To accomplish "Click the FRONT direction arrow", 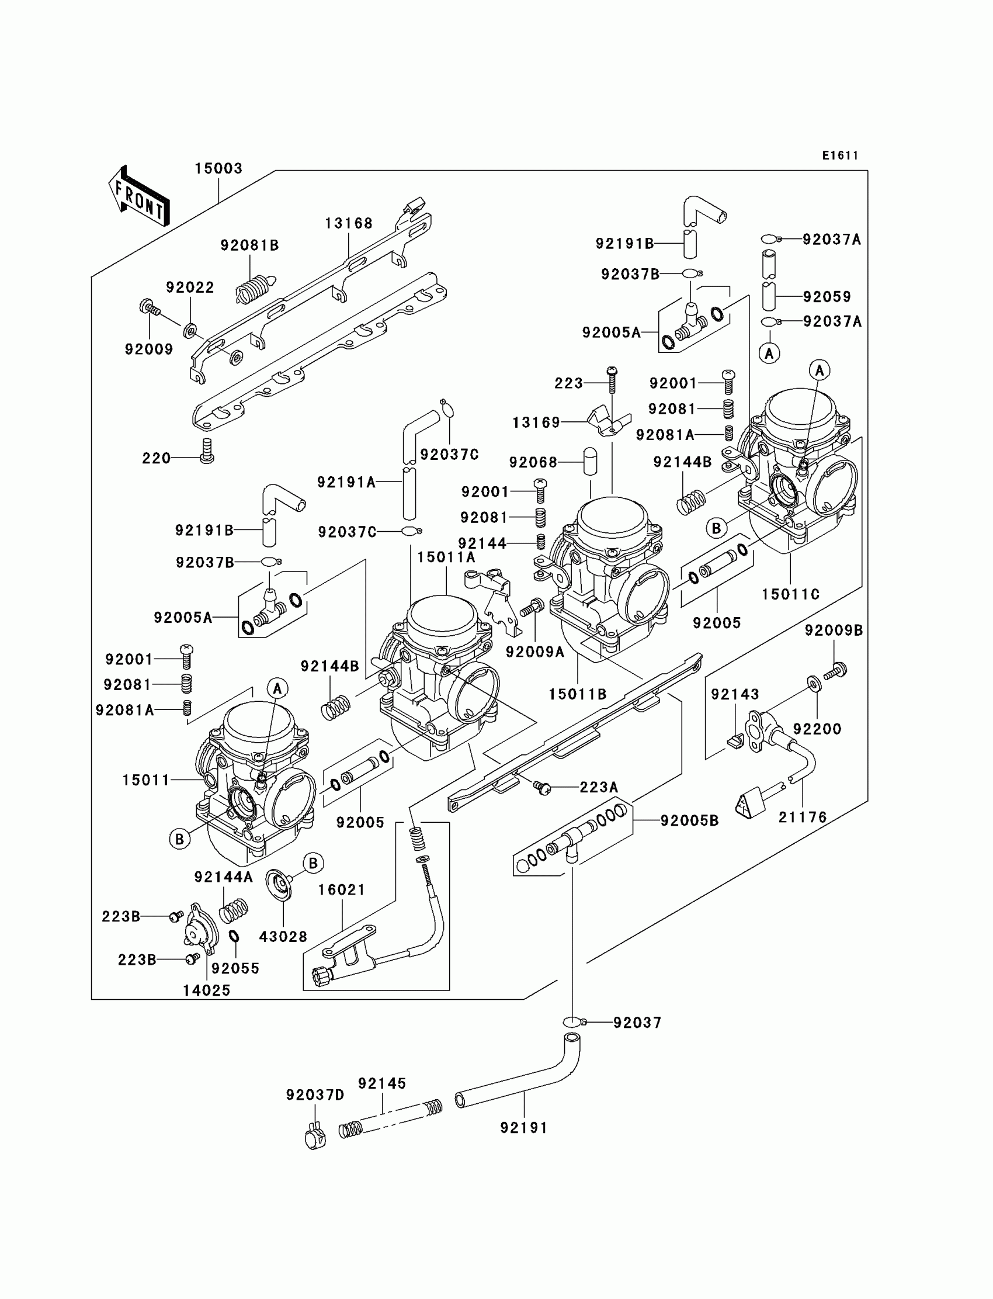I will pyautogui.click(x=139, y=197).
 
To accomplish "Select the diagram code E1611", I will pyautogui.click(x=840, y=155).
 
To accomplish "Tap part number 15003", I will pyautogui.click(x=218, y=168).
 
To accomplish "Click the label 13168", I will pyautogui.click(x=349, y=223).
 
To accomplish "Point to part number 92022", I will pyautogui.click(x=190, y=287).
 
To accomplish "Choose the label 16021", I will pyautogui.click(x=342, y=890).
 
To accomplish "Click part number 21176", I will pyautogui.click(x=802, y=817).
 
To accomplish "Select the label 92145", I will pyautogui.click(x=382, y=1083).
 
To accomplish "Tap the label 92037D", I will pyautogui.click(x=315, y=1095).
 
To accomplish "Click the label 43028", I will pyautogui.click(x=283, y=937).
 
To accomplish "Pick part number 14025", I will pyautogui.click(x=206, y=990).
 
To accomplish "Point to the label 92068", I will pyautogui.click(x=533, y=462).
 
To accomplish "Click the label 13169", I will pyautogui.click(x=536, y=422).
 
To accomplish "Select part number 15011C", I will pyautogui.click(x=790, y=594).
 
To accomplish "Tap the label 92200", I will pyautogui.click(x=817, y=729).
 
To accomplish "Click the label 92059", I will pyautogui.click(x=827, y=297).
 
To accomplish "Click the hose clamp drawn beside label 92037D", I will pyautogui.click(x=315, y=1138).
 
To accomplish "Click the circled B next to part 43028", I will pyautogui.click(x=313, y=863).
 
